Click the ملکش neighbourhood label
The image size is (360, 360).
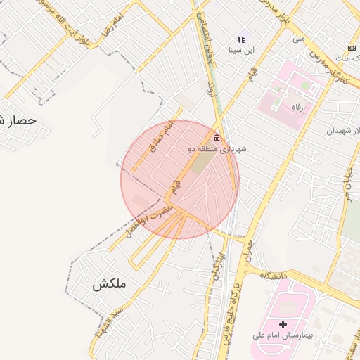[x=109, y=284]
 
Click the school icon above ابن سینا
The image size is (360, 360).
[x=241, y=40]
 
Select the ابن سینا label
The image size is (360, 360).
[x=241, y=51]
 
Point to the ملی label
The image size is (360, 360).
[x=298, y=39]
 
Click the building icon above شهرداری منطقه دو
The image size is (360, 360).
[x=216, y=138]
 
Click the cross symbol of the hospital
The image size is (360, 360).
[x=283, y=324]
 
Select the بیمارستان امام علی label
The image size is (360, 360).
[x=283, y=335]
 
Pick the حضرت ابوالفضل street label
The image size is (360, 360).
[x=148, y=220]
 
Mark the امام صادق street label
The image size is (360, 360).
[x=161, y=136]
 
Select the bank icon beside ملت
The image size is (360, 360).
[x=352, y=47]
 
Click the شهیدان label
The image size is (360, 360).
[x=342, y=131]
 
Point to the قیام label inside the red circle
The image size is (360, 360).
[x=176, y=187]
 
